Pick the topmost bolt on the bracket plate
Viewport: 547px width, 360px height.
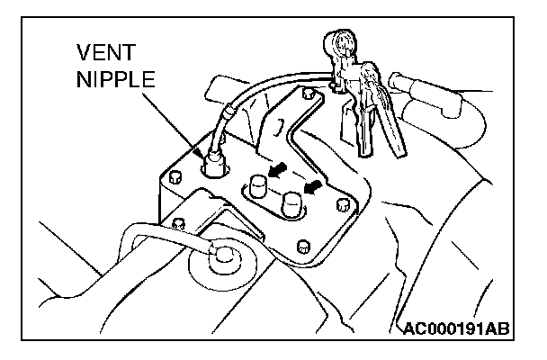coord(309,94)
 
